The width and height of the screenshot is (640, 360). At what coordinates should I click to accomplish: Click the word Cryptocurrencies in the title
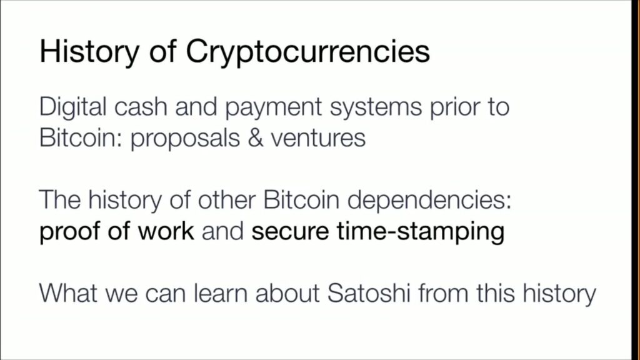pyautogui.click(x=307, y=52)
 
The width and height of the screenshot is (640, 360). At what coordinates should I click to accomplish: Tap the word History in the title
pyautogui.click(x=89, y=52)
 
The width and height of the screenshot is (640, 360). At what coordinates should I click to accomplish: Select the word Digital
pyautogui.click(x=73, y=107)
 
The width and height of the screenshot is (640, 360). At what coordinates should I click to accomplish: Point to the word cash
pyautogui.click(x=141, y=107)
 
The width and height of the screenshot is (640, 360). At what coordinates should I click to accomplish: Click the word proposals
pyautogui.click(x=185, y=139)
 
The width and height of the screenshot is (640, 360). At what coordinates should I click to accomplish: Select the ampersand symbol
pyautogui.click(x=256, y=138)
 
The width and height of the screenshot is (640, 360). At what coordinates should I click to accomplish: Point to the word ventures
pyautogui.click(x=318, y=139)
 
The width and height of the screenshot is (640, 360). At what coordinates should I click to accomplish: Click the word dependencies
pyautogui.click(x=429, y=201)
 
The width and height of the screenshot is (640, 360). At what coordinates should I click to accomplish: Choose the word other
pyautogui.click(x=227, y=200)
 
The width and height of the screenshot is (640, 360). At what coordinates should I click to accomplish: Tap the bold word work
pyautogui.click(x=166, y=231)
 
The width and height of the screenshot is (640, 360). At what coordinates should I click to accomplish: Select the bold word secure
pyautogui.click(x=290, y=232)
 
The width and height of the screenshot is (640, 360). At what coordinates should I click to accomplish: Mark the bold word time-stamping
pyautogui.click(x=421, y=232)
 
